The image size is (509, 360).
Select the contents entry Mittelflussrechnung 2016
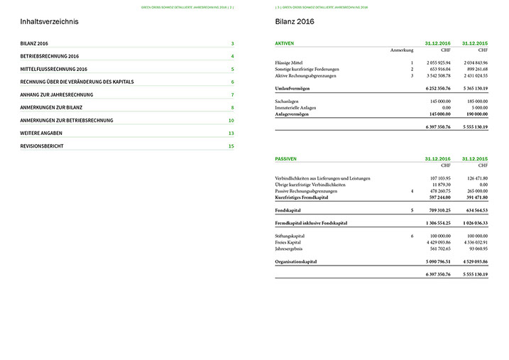[x=54, y=69]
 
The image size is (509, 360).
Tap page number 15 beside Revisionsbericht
[x=231, y=146]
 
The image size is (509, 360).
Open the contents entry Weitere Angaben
[x=41, y=133]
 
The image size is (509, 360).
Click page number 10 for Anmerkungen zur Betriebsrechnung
[x=231, y=121]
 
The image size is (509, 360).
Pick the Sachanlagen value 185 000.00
[x=473, y=102]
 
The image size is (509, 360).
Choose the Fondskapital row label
[x=289, y=211]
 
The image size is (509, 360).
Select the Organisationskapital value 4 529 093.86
[x=472, y=261]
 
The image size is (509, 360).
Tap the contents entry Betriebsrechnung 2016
[x=50, y=56]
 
